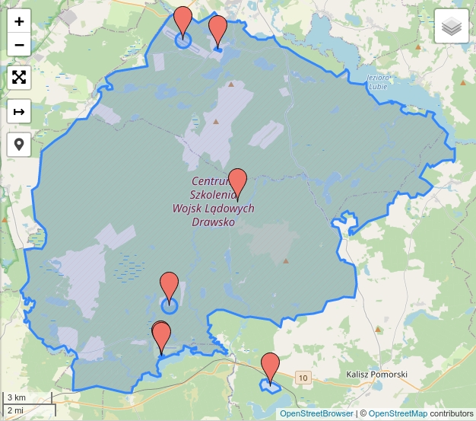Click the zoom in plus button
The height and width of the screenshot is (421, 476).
coord(19,21)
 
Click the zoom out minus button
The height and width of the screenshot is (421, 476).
coord(19,44)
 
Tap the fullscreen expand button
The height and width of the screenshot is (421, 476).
coord(19,77)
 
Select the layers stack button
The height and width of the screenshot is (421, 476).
coord(452,27)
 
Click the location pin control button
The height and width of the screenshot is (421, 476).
coord(19,144)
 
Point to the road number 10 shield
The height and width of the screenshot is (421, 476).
coord(303,378)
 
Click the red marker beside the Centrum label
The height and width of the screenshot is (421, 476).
coord(238,183)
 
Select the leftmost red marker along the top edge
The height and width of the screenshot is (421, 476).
coord(182,21)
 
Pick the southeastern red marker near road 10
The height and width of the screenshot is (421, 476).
coord(270,368)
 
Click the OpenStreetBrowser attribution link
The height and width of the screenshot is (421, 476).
coord(316,413)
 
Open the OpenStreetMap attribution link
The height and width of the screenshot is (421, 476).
coord(398,413)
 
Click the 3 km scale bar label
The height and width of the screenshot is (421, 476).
coord(16,397)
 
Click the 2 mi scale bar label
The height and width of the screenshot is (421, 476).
coord(15,410)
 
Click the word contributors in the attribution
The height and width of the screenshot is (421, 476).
coord(451,413)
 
